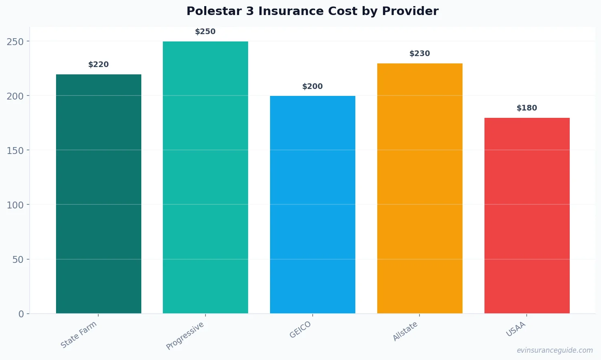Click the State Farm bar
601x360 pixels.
pyautogui.click(x=99, y=194)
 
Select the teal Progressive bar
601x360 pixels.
pyautogui.click(x=205, y=177)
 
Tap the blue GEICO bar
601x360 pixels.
pyautogui.click(x=313, y=204)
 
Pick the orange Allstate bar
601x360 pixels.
pyautogui.click(x=420, y=188)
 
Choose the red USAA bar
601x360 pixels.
pyautogui.click(x=527, y=215)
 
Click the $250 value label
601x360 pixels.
pyautogui.click(x=205, y=32)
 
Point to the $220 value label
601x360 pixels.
pyautogui.click(x=99, y=65)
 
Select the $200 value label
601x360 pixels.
pyautogui.click(x=313, y=87)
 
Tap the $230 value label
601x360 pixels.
pyautogui.click(x=420, y=54)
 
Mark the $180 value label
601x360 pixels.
pyautogui.click(x=527, y=108)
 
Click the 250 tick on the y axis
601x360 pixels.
pyautogui.click(x=15, y=41)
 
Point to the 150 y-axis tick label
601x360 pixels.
pyautogui.click(x=15, y=150)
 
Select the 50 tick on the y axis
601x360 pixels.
pyautogui.click(x=18, y=260)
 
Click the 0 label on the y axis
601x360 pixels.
pyautogui.click(x=21, y=314)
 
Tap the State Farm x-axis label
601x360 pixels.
pyautogui.click(x=79, y=335)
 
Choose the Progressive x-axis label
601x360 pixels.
pyautogui.click(x=185, y=336)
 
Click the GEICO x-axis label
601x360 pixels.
pyautogui.click(x=300, y=330)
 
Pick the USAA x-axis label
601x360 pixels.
pyautogui.click(x=516, y=329)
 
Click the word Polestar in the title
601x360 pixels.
pyautogui.click(x=214, y=11)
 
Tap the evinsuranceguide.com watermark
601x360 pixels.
pyautogui.click(x=555, y=350)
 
